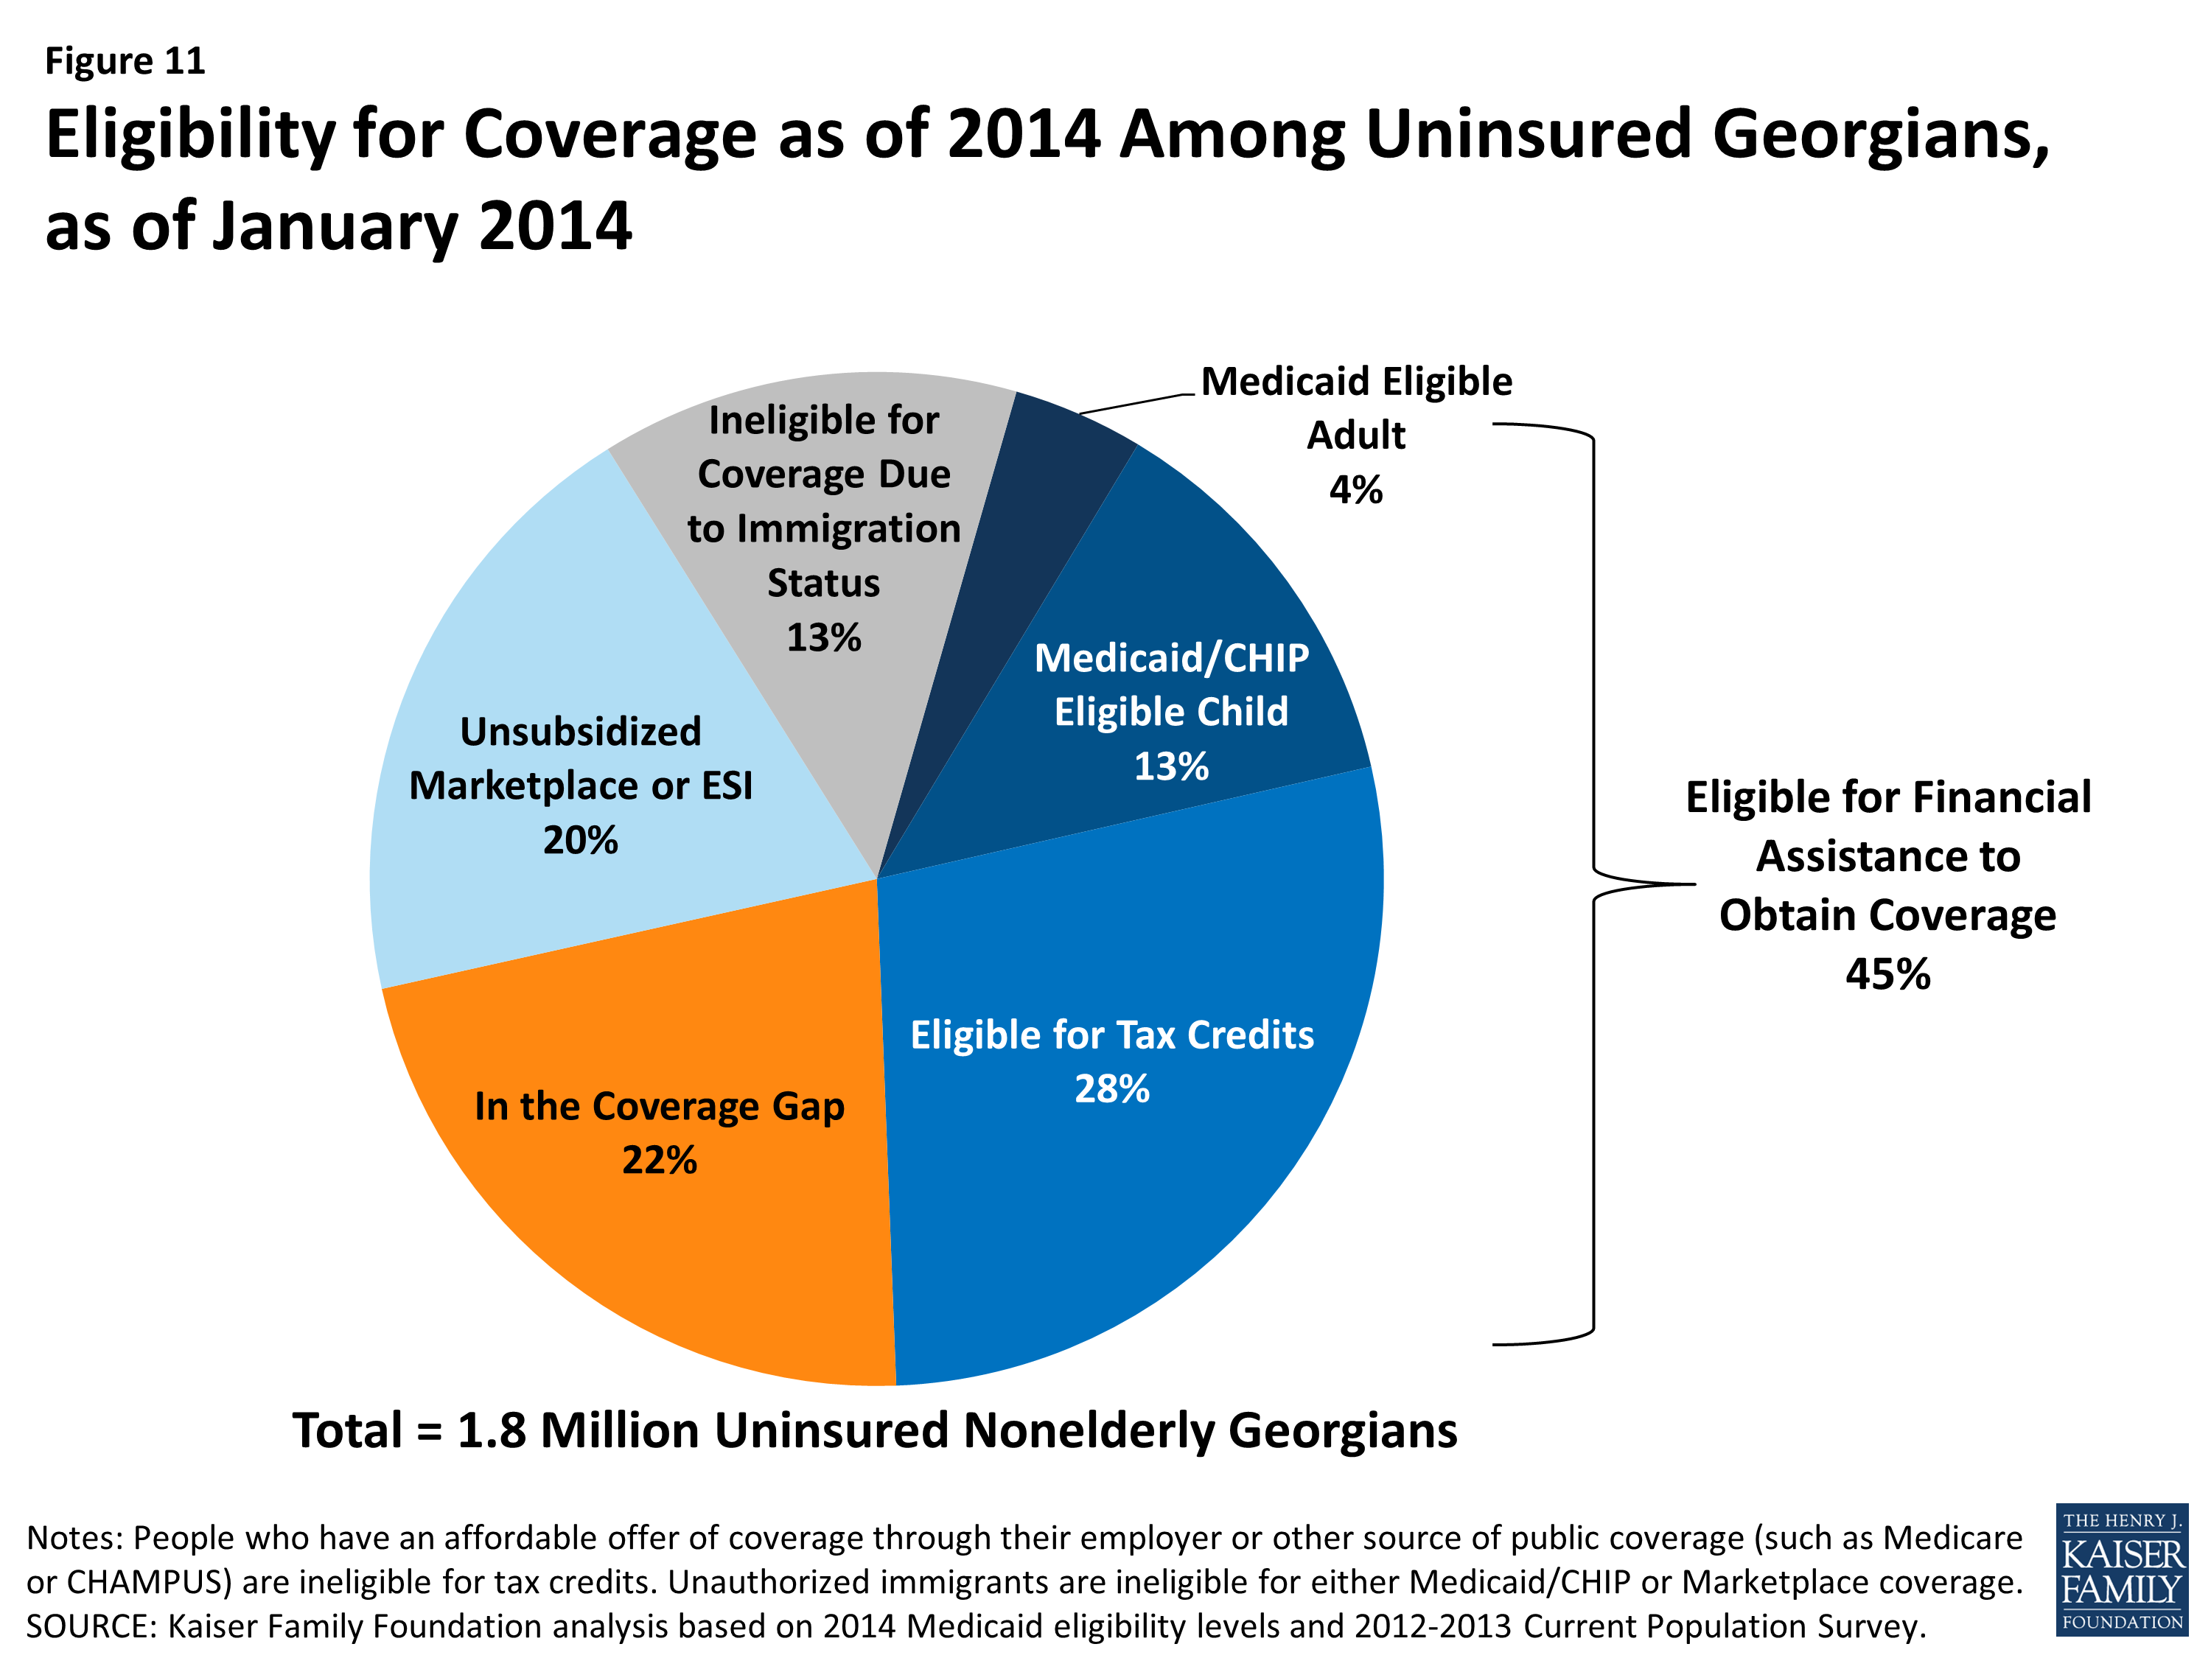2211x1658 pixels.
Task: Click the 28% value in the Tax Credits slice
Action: (x=1111, y=1089)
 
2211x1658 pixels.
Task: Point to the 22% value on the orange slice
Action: (x=660, y=1161)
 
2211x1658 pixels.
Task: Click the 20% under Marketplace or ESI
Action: (x=580, y=841)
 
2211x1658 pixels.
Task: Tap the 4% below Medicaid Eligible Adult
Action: (x=1355, y=490)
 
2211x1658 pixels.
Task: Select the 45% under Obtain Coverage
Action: (x=1887, y=974)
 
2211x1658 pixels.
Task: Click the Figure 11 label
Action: (x=125, y=62)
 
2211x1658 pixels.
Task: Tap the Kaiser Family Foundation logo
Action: (x=2121, y=1569)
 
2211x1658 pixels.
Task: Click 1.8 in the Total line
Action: (x=491, y=1430)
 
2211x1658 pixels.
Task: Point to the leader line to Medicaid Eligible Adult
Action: (x=1137, y=403)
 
